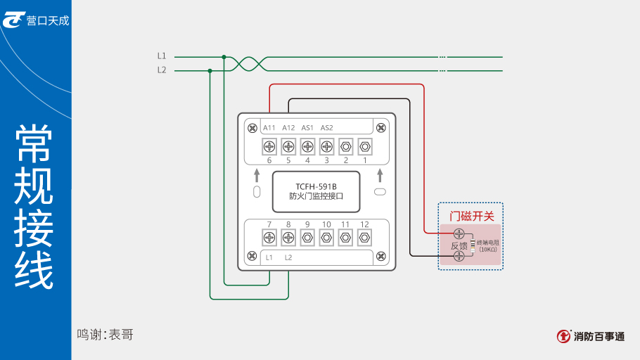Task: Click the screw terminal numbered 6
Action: pos(269,146)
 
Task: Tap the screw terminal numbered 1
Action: pos(364,146)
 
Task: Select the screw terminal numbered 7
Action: pos(269,237)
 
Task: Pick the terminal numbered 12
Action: pos(364,237)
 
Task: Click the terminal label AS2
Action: pos(327,128)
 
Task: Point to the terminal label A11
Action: pos(269,128)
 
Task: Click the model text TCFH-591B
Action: pos(316,186)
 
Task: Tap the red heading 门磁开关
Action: pos(471,216)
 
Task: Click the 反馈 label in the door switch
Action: pos(459,245)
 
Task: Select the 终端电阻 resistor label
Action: pos(487,243)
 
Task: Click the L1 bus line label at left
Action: pos(162,56)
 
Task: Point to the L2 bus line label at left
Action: pos(162,70)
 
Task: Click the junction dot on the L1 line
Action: pos(224,57)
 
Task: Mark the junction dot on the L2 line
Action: pos(210,70)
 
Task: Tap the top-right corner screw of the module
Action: pos(381,127)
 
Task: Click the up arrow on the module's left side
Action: pos(257,175)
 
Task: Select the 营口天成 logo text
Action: pos(48,20)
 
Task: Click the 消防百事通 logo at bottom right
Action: pos(590,336)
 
